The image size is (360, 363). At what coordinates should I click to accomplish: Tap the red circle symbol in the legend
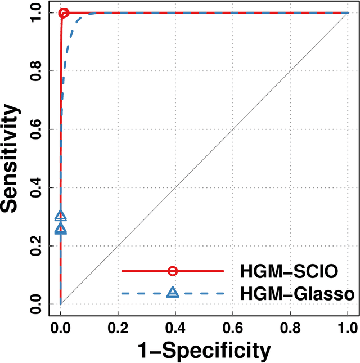click(173, 271)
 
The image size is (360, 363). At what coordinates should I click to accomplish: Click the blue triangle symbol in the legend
click(173, 292)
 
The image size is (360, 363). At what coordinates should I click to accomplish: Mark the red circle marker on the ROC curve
click(64, 13)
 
